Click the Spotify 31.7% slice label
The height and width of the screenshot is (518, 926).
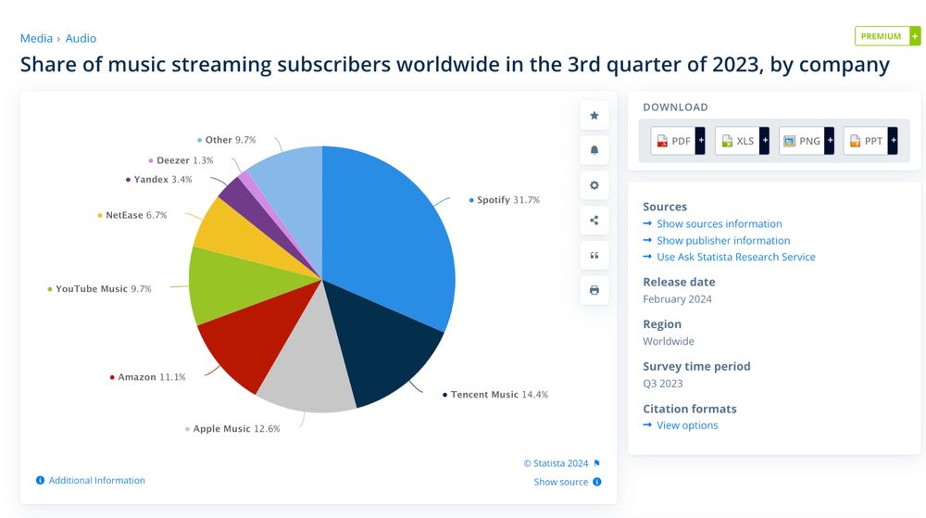point(507,200)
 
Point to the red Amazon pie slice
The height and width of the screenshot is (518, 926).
point(236,347)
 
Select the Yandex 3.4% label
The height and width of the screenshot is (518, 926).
point(162,180)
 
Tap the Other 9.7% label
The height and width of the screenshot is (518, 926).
point(230,140)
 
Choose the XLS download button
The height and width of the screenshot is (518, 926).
point(742,141)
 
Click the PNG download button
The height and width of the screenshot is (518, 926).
point(807,141)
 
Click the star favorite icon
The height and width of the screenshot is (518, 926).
point(594,116)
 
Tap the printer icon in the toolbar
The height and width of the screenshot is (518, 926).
point(594,290)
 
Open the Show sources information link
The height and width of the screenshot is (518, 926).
point(719,224)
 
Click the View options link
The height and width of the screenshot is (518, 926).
point(686,425)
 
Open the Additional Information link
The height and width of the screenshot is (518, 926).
point(96,480)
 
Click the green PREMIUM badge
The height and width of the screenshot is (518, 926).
point(886,36)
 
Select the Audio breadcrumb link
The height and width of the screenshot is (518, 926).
point(81,38)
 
